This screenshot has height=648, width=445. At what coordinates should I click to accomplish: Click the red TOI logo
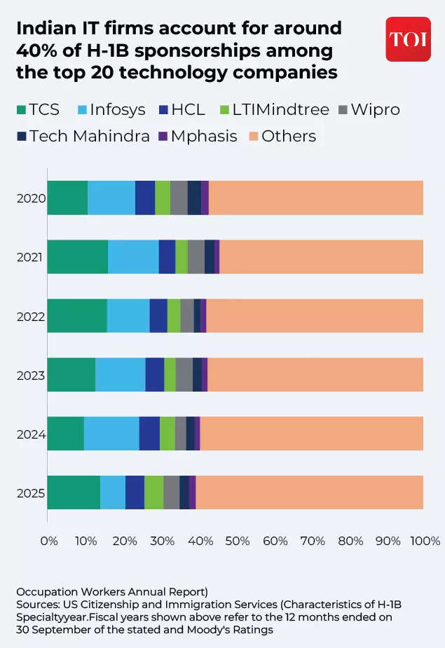409,39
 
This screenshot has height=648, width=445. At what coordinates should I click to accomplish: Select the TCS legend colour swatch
21,110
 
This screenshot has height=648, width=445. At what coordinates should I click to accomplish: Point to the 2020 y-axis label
31,198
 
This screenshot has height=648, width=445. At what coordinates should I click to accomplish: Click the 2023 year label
31,375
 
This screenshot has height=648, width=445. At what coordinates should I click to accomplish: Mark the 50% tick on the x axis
237,542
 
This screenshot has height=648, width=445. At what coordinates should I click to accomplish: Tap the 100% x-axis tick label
425,542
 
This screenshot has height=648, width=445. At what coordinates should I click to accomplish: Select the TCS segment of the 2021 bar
78,257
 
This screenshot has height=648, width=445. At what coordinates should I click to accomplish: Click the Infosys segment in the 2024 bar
111,434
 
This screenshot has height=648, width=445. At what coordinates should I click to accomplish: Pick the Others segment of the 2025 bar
309,493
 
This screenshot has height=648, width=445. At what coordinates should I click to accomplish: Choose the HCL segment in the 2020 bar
145,198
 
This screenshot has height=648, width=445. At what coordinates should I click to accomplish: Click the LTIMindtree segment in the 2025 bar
153,493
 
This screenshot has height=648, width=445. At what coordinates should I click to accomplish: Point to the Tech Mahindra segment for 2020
194,198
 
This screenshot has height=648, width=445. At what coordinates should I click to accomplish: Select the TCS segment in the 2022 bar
77,316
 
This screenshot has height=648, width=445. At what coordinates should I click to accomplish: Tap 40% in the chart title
37,51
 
